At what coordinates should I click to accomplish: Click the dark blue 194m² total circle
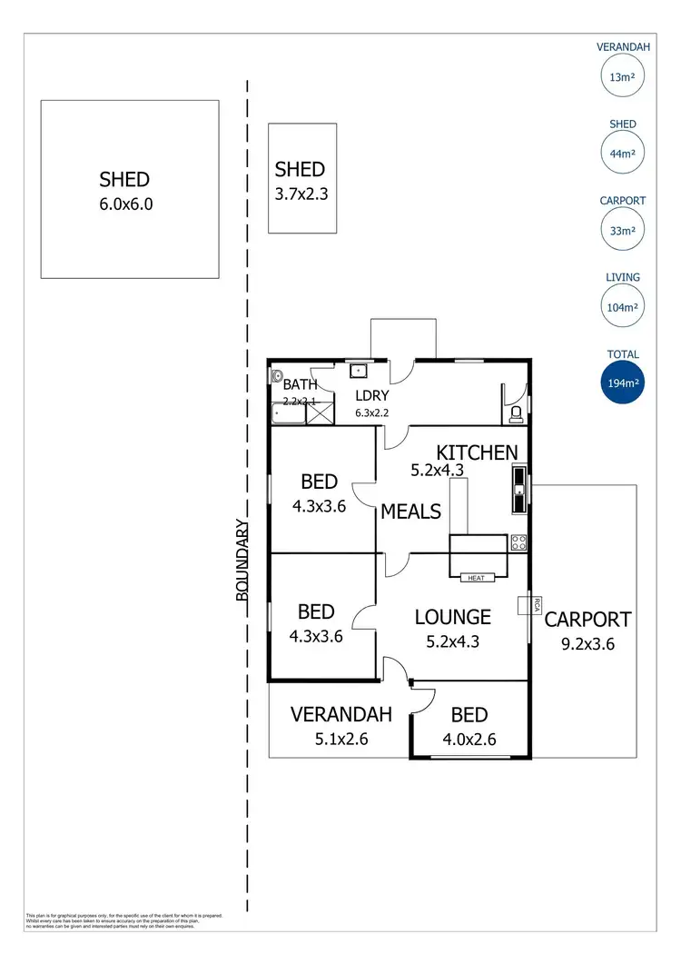point(621,383)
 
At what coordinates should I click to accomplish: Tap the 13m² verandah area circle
point(621,77)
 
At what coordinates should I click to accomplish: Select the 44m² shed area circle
point(621,154)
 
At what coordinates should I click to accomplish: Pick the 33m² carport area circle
point(621,231)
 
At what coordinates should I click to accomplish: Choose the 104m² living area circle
point(621,307)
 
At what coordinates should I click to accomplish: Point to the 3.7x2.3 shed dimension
point(300,193)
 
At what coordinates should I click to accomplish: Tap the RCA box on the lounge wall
point(525,605)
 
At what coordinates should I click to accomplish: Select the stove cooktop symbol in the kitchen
point(519,542)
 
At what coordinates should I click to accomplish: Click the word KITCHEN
point(477,452)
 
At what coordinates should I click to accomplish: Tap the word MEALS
point(410,512)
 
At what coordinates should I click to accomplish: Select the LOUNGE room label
point(452,617)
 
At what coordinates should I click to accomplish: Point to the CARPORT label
point(587,621)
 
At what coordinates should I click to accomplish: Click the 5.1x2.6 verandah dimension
point(340,739)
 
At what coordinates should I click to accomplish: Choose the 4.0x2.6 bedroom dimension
point(469,739)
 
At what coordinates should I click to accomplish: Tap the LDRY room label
point(372,396)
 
